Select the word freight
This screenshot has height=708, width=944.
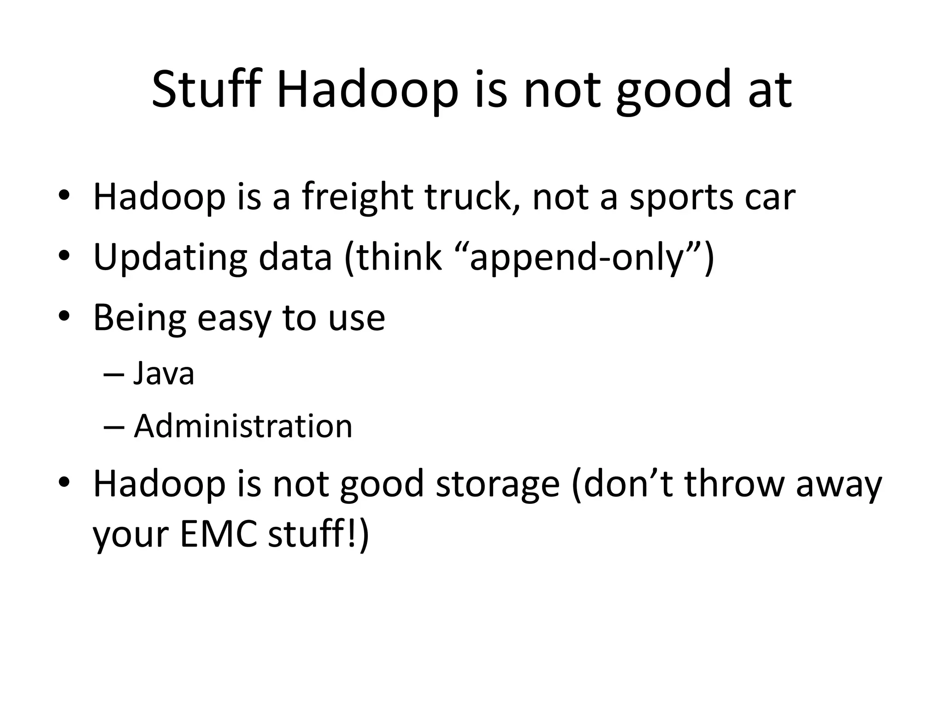click(357, 197)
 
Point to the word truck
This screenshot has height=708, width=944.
click(472, 197)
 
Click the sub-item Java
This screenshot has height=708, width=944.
click(164, 373)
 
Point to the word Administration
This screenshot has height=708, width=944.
click(243, 426)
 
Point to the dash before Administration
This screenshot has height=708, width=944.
click(114, 427)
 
